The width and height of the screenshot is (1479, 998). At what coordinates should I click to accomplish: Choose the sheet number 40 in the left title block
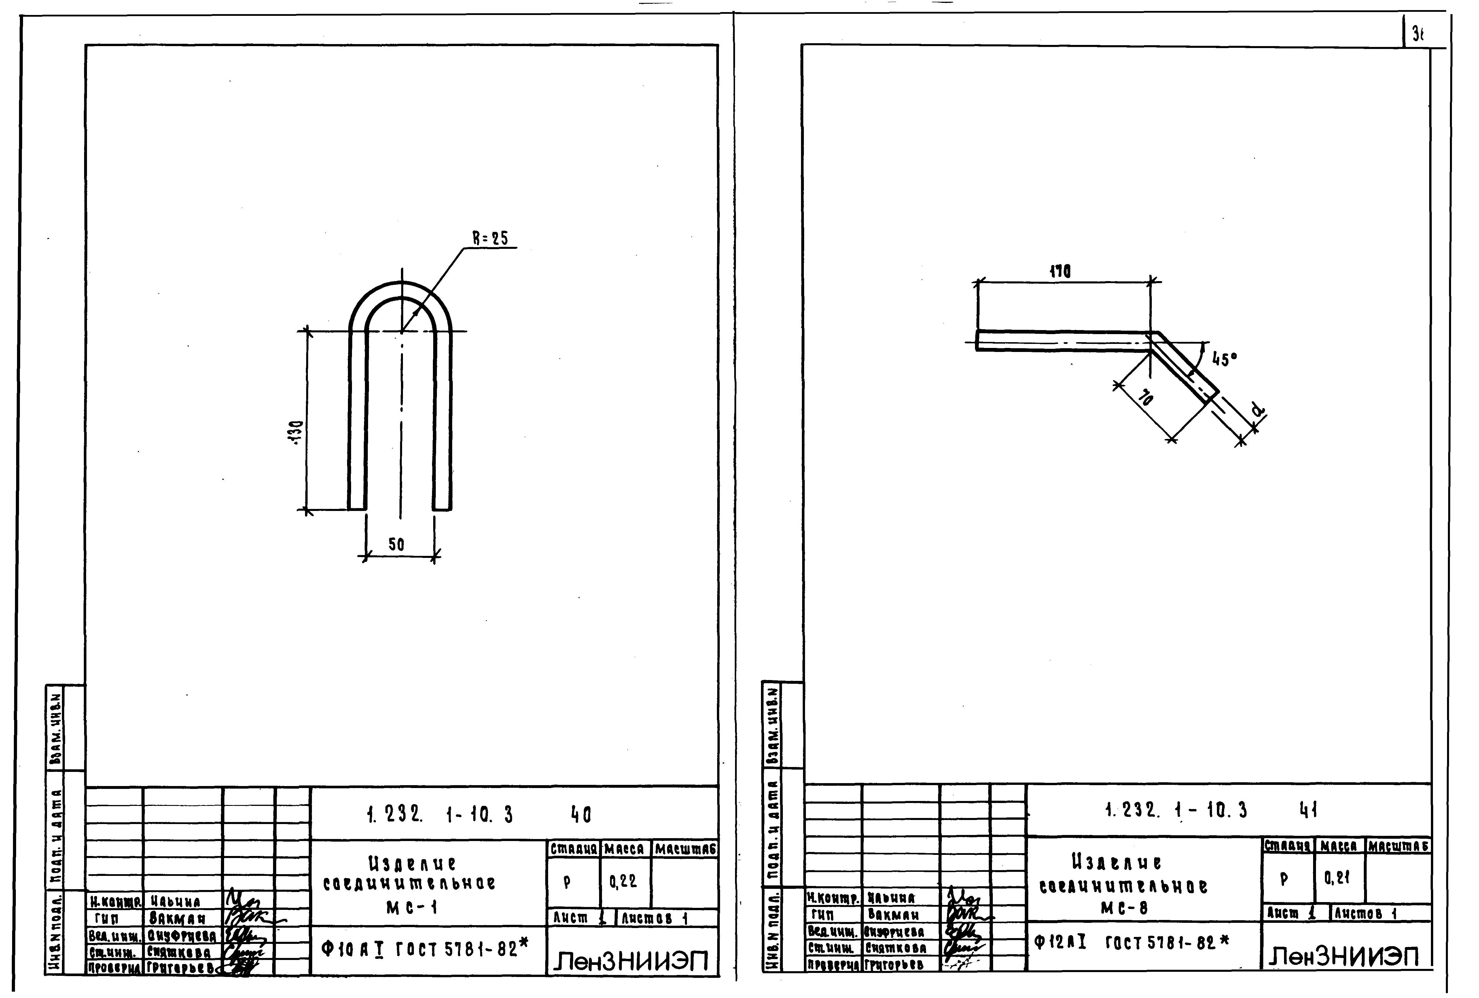[581, 815]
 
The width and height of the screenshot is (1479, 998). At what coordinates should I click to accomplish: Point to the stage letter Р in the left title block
[567, 882]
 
